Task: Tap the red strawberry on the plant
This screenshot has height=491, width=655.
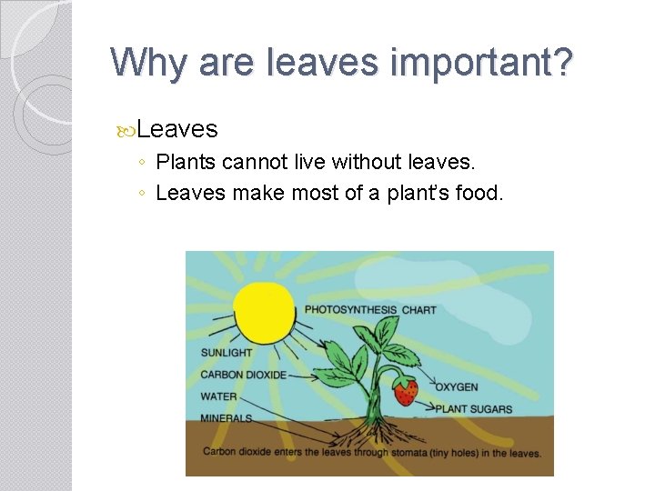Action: (x=406, y=392)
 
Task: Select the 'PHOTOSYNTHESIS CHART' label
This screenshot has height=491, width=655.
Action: (x=370, y=310)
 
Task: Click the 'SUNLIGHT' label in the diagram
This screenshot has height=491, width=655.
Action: (x=227, y=353)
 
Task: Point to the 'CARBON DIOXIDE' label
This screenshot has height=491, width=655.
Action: (x=243, y=375)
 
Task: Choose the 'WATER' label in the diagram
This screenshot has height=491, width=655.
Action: (x=218, y=396)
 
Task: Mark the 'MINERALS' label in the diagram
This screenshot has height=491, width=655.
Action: (x=227, y=419)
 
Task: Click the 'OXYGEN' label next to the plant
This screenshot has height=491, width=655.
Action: (x=456, y=387)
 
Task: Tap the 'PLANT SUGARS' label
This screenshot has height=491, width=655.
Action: (x=473, y=409)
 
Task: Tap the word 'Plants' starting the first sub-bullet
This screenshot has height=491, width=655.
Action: (x=186, y=163)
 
